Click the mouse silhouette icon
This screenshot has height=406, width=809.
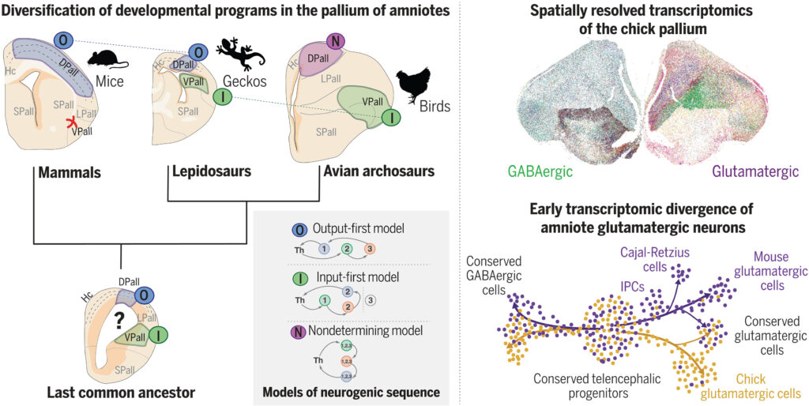click(103, 58)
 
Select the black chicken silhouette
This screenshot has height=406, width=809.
click(412, 84)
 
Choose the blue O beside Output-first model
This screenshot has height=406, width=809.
click(299, 229)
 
